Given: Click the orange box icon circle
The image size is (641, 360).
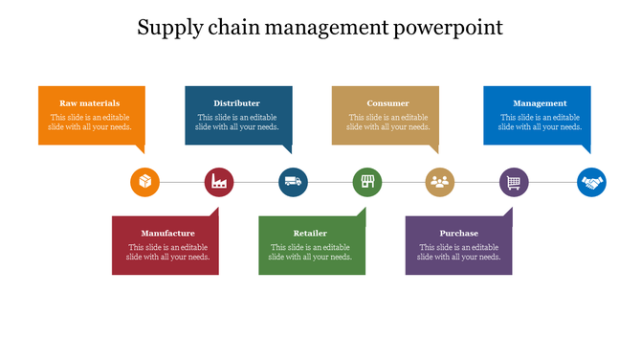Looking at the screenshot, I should point(144,182).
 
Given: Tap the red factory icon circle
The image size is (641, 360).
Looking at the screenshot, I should point(219,182).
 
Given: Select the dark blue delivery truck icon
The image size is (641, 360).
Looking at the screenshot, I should point(293,182).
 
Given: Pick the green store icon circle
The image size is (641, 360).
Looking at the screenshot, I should point(367,182).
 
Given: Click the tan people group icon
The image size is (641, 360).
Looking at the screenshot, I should point(440,182).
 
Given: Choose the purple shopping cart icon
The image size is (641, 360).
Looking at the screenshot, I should point(514,182).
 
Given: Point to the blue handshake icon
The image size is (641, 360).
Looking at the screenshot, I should point(591,182).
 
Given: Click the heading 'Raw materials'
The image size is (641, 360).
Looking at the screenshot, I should point(90,103).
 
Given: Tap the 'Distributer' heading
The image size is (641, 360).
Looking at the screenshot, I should point(237,103).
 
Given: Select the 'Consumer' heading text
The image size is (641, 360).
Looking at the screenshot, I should point(387,103).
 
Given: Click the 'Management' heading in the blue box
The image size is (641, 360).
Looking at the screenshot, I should point(540,103).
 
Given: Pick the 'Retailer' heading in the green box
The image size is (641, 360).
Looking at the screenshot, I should point(310,234).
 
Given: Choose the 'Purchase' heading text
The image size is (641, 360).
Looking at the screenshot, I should point(459,234).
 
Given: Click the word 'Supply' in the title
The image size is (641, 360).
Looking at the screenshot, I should point(169,28).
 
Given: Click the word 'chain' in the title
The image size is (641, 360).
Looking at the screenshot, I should point(230,28).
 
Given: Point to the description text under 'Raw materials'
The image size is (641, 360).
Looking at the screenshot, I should point(90,122).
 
